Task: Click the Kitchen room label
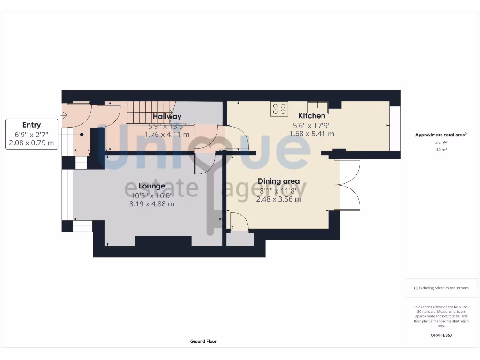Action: (312, 116)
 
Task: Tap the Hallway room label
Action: (167, 116)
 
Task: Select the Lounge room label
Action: (152, 186)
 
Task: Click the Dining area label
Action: (278, 181)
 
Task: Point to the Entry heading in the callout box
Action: (31, 125)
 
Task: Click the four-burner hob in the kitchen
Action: (279, 109)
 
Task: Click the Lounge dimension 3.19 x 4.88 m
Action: (151, 204)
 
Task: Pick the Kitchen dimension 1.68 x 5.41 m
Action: (311, 134)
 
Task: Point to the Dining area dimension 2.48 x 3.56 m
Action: (278, 199)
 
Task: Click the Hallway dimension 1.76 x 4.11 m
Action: (167, 135)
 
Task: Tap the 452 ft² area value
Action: (441, 142)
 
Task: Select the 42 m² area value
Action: (441, 150)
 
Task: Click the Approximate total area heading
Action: (441, 135)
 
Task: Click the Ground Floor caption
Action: (203, 342)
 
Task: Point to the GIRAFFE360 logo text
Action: (441, 335)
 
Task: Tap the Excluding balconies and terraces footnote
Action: (441, 288)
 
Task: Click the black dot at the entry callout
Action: (82, 135)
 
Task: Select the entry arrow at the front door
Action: (65, 114)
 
